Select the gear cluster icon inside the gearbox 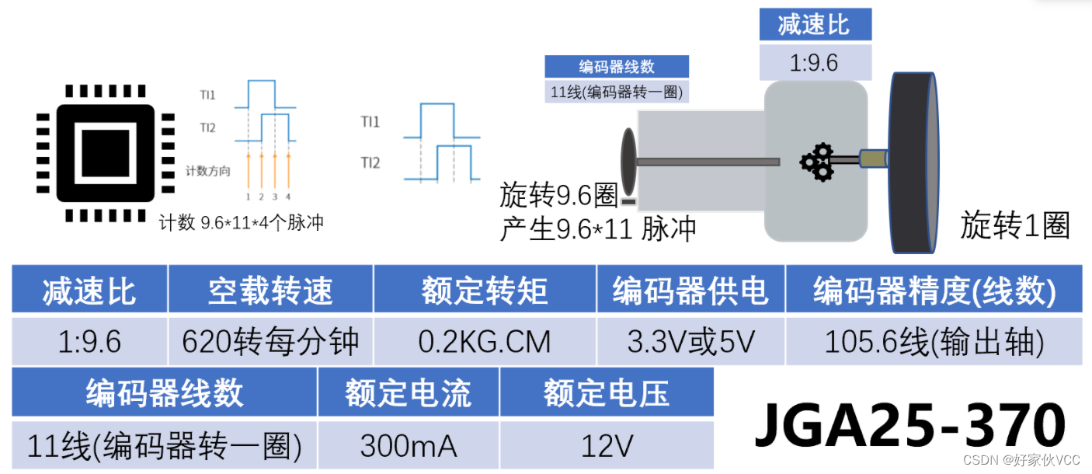click(x=816, y=162)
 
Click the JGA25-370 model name click(x=909, y=424)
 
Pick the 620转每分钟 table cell click(x=270, y=340)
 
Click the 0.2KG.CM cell click(x=485, y=340)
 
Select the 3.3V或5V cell click(x=690, y=340)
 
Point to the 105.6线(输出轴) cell click(x=934, y=340)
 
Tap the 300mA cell click(x=409, y=446)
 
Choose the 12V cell click(x=607, y=446)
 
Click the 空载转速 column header click(x=270, y=291)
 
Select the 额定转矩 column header click(x=485, y=291)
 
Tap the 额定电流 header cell click(x=409, y=393)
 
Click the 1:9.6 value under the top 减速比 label click(x=814, y=62)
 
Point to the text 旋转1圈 click(x=1015, y=225)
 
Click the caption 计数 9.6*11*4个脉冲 click(x=241, y=223)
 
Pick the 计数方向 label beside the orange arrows click(x=208, y=171)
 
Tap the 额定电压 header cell click(x=607, y=393)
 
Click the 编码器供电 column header click(x=690, y=291)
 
